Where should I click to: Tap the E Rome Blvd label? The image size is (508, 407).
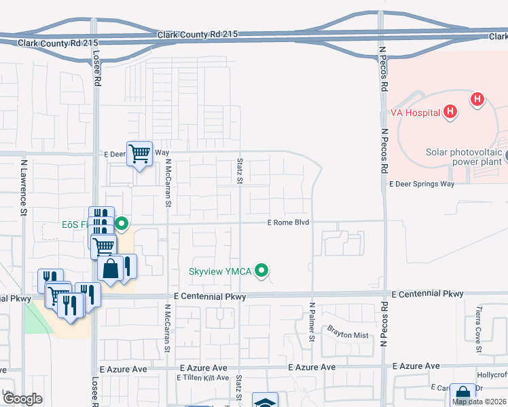pos(288,222)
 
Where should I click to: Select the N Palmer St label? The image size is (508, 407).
pos(313,322)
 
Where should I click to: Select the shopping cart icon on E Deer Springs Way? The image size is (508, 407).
pos(139,154)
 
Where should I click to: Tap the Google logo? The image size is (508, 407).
pos(22,399)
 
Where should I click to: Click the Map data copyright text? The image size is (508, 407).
pos(479,402)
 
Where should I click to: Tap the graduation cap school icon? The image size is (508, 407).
pos(264,402)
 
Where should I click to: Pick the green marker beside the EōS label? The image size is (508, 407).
pos(122,222)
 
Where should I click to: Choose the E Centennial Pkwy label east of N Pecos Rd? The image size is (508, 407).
pos(428,294)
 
